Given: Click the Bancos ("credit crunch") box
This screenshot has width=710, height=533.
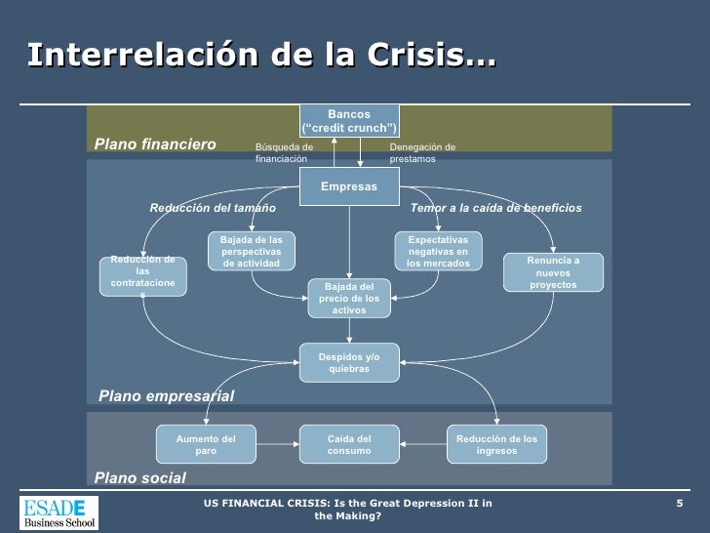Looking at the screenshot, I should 349,121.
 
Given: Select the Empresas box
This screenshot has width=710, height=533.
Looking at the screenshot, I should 349,185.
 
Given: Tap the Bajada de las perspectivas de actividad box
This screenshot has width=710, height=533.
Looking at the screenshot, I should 251,251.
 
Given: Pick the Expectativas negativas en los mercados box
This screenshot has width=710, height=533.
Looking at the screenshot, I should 438,251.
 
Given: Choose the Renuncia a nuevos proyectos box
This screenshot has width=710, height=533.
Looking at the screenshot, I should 553,272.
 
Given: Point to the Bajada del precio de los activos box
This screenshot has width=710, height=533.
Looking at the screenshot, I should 349,298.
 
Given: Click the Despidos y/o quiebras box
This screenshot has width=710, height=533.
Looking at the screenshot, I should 349,363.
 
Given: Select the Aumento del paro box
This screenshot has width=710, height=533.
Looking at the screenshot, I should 206,445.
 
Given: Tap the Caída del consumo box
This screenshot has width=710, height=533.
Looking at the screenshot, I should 349,445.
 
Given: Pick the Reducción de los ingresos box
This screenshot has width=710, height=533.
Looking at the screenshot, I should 496,445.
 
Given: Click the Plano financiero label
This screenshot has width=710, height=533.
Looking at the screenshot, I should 155,144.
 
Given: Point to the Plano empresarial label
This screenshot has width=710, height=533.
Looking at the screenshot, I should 167,395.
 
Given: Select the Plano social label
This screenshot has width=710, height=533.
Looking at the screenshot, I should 140,476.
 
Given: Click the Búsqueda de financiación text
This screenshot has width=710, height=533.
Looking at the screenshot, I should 284,152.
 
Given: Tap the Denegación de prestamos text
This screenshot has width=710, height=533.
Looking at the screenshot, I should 422,152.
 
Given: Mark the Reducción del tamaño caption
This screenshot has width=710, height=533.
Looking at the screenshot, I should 213,208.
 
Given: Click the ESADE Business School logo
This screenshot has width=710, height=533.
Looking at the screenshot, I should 59,512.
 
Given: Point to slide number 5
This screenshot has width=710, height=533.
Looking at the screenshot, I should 680,503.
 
